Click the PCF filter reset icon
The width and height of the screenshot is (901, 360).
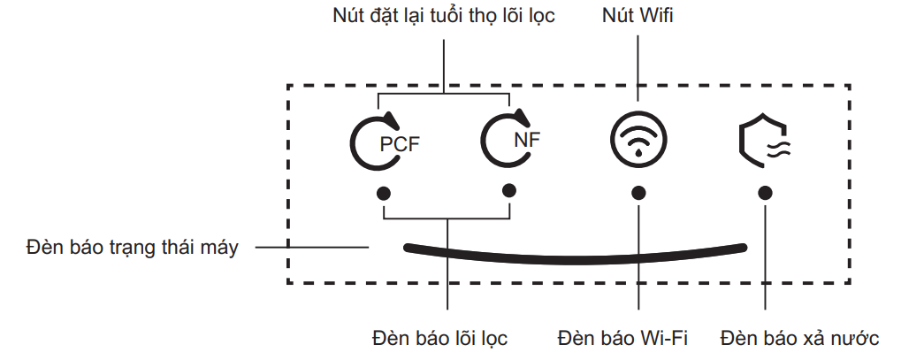[382, 141]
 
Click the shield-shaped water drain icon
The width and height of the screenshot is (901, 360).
[764, 141]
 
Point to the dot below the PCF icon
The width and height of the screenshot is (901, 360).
[384, 192]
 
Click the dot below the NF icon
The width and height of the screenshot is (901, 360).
[509, 190]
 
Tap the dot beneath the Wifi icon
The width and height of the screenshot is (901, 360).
[638, 192]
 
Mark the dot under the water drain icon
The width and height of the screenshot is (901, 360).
[765, 192]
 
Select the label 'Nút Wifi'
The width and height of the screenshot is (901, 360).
[638, 16]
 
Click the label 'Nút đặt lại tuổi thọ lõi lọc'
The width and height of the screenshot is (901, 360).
[443, 16]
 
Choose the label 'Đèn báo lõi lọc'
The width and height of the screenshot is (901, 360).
[440, 339]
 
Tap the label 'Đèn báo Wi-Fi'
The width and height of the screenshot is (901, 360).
[623, 339]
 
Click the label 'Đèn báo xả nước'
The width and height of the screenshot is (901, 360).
[799, 339]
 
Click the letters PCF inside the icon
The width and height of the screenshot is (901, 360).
[400, 145]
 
